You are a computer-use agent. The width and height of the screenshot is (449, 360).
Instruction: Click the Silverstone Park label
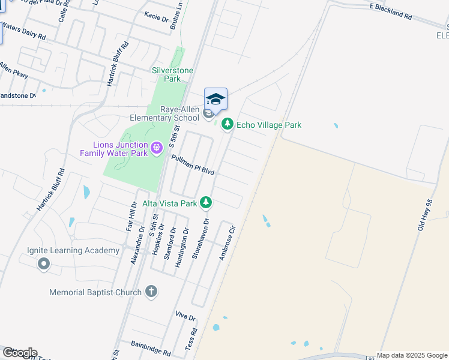pyautogui.click(x=173, y=74)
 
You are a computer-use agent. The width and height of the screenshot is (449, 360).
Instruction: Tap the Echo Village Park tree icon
pyautogui.click(x=227, y=124)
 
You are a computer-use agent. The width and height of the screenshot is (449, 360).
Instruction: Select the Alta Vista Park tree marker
pyautogui.click(x=206, y=202)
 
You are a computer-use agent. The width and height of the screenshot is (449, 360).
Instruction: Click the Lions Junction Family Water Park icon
pyautogui.click(x=157, y=147)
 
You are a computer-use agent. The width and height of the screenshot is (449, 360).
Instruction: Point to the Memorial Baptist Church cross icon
pyautogui.click(x=151, y=292)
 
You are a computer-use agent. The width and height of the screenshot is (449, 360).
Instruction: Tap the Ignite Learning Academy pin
pyautogui.click(x=43, y=263)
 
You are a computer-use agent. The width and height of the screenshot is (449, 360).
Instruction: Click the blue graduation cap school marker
pyautogui.click(x=216, y=98)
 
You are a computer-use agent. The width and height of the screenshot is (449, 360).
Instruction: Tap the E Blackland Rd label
pyautogui.click(x=391, y=11)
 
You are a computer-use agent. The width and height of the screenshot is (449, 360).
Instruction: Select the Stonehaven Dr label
pyautogui.click(x=199, y=238)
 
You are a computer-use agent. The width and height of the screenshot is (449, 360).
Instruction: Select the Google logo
pyautogui.click(x=19, y=353)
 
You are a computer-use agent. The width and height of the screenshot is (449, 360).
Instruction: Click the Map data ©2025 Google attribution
pyautogui.click(x=412, y=355)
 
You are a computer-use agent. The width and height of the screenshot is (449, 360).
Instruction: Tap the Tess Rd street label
pyautogui.click(x=191, y=339)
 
